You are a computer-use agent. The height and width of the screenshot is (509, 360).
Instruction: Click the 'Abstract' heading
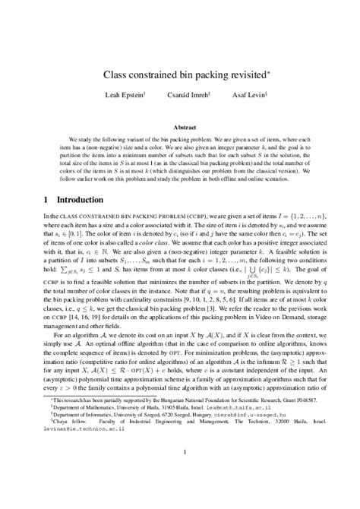180,128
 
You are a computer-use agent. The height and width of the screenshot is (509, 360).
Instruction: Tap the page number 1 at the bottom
180,475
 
